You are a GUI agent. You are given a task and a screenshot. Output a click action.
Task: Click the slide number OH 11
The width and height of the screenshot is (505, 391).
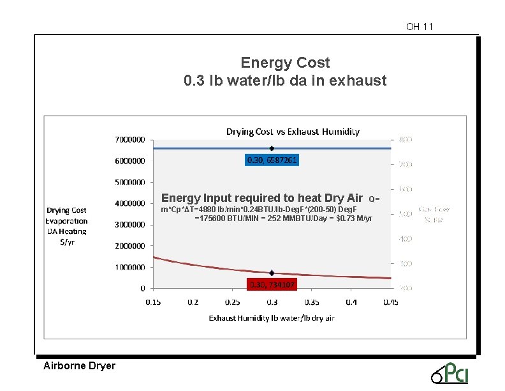pos(419,27)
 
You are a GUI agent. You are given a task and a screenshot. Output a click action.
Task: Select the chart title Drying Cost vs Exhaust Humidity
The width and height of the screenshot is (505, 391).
pos(293,132)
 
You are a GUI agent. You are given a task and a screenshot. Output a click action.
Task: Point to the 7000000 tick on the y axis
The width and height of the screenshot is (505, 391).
pos(129,139)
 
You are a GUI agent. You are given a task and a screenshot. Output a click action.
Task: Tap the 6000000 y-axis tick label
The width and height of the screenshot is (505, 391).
pos(129,160)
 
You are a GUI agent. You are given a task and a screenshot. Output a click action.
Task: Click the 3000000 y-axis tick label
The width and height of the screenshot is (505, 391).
pos(129,224)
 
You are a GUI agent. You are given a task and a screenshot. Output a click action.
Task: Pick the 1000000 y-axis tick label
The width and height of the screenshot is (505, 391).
pos(129,267)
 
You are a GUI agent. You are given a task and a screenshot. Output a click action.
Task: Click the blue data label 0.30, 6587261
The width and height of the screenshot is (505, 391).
pos(272,160)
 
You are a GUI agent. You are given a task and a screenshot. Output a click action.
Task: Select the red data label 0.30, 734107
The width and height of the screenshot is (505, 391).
pos(272,284)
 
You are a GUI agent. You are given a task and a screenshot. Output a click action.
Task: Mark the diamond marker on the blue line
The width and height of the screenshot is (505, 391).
pos(272,148)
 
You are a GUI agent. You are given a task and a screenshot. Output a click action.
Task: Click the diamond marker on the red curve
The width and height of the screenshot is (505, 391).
pos(272,273)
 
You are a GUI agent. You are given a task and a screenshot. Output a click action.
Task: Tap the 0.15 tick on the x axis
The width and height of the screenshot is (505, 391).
pos(153,302)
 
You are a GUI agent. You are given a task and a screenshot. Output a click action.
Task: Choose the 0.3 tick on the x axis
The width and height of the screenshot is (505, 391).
pos(272,302)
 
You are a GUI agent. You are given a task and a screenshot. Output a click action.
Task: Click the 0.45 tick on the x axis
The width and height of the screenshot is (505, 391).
pos(391,302)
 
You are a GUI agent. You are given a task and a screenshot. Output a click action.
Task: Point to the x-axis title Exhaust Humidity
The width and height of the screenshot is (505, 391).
pos(272,318)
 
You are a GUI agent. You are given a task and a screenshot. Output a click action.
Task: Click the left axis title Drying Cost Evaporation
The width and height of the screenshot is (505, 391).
pos(66,226)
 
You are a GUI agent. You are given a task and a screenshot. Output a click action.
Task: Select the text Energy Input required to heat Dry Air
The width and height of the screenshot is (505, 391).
pos(261,198)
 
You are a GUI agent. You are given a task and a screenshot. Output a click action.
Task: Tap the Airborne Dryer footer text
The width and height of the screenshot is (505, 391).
pos(79,366)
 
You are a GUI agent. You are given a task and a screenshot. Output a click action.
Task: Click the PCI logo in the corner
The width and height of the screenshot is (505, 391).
pos(450,372)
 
